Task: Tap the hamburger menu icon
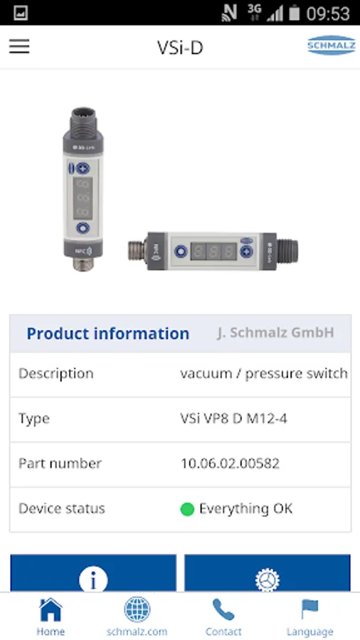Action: [19, 46]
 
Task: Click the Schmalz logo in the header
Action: [331, 45]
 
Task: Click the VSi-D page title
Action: [180, 48]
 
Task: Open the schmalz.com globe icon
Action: [137, 609]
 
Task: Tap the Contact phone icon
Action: [223, 609]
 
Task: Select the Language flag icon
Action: [309, 609]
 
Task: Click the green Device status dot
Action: [187, 509]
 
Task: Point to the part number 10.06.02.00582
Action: [231, 464]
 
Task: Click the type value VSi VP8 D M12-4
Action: [234, 419]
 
